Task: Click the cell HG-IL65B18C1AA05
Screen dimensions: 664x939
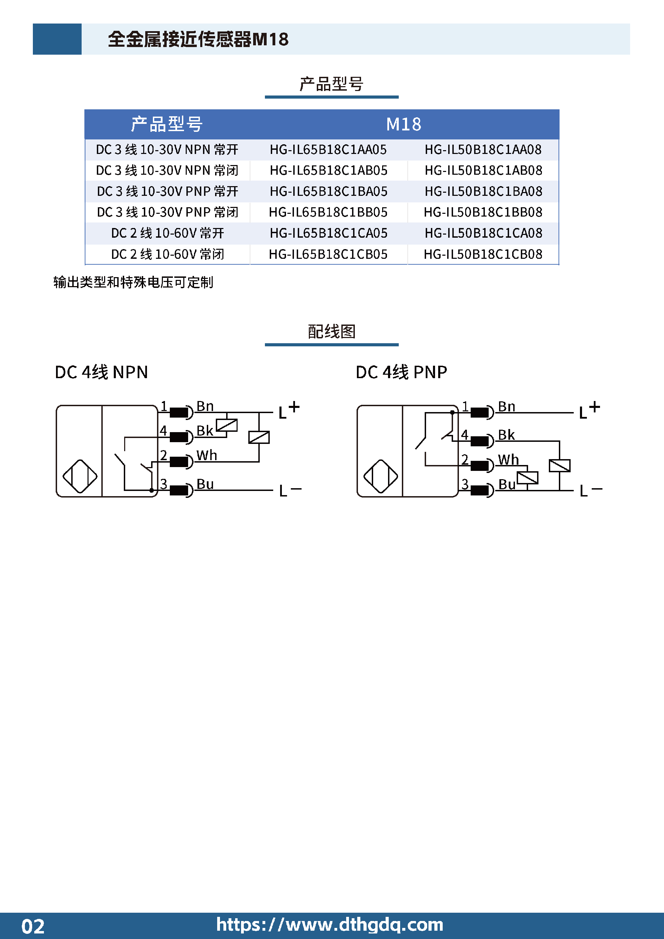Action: (x=328, y=150)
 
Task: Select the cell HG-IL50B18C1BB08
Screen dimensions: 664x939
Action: (x=483, y=212)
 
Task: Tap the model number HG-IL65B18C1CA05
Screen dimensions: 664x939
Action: (x=328, y=233)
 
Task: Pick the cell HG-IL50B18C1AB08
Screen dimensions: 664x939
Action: (x=483, y=171)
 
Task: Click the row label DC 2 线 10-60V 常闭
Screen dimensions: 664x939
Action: (x=168, y=254)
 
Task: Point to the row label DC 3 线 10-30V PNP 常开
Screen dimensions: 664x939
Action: (x=168, y=191)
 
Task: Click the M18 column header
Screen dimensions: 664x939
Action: (x=404, y=124)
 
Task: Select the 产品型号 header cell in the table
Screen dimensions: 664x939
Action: (x=167, y=124)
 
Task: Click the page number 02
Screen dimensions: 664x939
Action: (x=33, y=926)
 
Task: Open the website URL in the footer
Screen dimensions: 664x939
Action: (x=330, y=925)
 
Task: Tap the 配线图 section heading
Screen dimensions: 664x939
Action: (x=332, y=331)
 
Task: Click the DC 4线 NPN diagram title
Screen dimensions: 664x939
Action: (x=101, y=372)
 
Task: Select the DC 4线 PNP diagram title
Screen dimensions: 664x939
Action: (x=402, y=372)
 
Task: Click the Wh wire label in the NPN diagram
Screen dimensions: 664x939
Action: (x=206, y=455)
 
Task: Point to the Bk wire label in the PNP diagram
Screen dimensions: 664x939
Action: (x=506, y=435)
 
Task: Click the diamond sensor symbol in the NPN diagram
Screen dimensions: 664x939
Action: (x=80, y=476)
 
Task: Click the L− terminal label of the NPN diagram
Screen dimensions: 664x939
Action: (x=290, y=490)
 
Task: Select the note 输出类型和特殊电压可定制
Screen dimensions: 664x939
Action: (x=133, y=282)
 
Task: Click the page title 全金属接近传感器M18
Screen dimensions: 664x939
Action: (x=198, y=39)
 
